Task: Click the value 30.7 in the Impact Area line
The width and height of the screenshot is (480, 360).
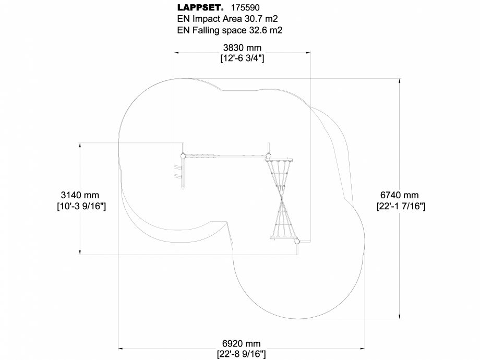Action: [x=254, y=19]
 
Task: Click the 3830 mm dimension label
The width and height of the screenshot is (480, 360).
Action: [x=242, y=48]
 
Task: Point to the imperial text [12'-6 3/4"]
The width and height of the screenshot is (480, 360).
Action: [x=242, y=59]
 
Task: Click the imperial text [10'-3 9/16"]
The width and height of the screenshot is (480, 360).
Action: [x=81, y=206]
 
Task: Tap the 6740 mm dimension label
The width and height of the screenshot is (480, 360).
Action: [x=401, y=195]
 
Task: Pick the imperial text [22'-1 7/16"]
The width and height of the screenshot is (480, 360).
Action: [x=401, y=206]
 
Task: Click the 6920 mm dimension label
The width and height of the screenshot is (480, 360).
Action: [x=241, y=343]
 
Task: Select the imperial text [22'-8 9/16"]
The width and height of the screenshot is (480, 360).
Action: [x=241, y=354]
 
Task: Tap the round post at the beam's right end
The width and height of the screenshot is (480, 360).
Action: [x=269, y=156]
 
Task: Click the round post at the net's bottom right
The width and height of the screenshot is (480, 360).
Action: [x=296, y=241]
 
